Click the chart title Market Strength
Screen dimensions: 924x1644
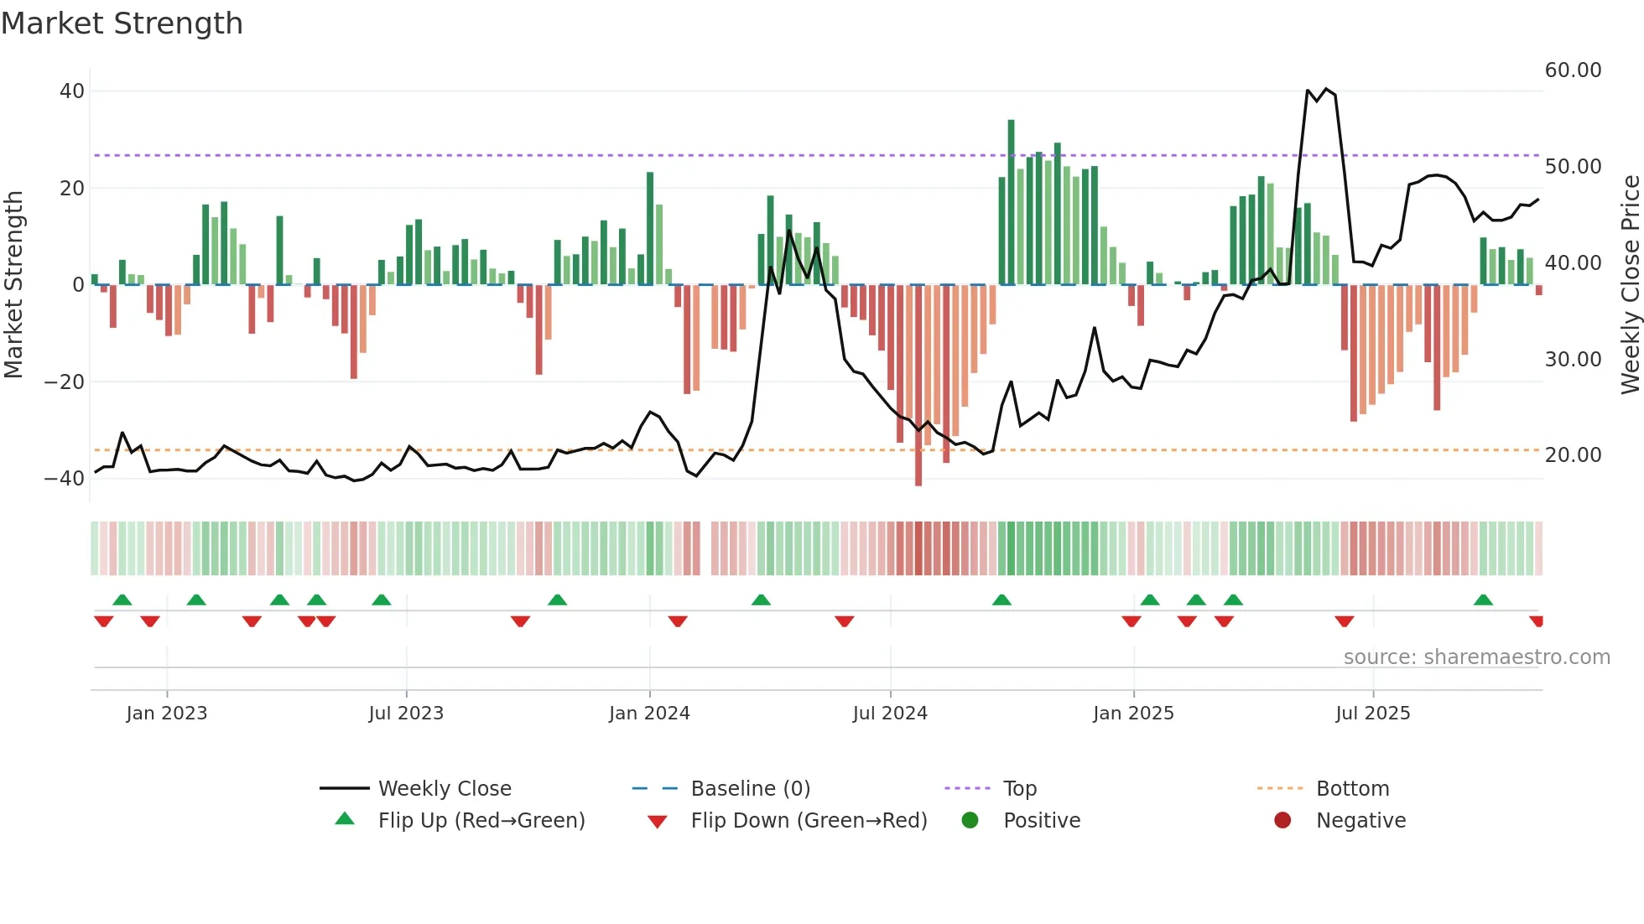coord(122,23)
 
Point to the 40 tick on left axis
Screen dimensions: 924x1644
coord(72,91)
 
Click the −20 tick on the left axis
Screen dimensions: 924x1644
coord(65,382)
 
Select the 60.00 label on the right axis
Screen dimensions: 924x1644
coord(1573,70)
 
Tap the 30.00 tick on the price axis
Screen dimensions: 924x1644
coord(1573,360)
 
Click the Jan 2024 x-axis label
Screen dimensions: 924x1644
coord(649,714)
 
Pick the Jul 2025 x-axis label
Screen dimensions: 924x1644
coord(1372,714)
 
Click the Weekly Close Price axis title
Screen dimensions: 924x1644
coord(1630,285)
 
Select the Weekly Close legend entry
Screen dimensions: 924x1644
coord(445,789)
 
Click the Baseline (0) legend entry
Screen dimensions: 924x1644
coord(750,789)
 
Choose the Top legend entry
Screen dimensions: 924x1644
coord(1020,789)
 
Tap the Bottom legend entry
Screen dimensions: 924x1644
coord(1352,789)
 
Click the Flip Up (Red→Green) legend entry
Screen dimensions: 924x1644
coord(481,821)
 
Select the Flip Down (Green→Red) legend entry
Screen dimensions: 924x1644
coord(809,821)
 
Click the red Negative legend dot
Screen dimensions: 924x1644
coord(1282,821)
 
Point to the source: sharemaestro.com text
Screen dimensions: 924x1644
coord(1476,657)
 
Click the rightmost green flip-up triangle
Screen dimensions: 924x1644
coord(1483,600)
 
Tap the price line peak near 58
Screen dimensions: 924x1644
coord(1326,89)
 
